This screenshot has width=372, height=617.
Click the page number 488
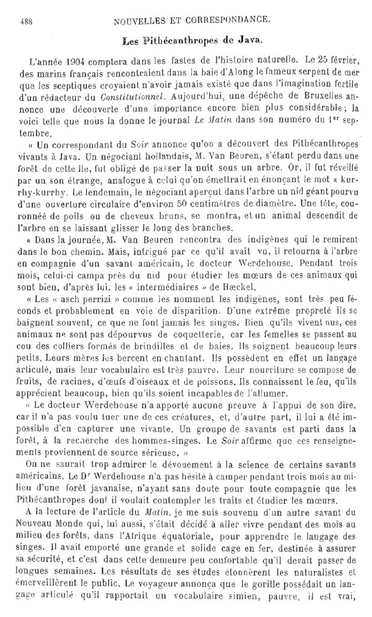pos(27,21)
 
